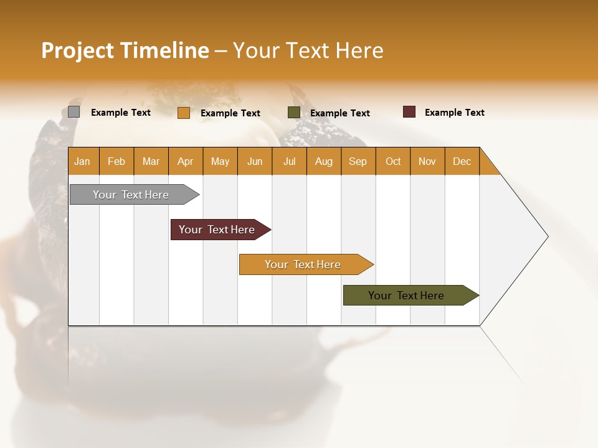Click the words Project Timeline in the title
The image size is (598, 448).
pos(125,50)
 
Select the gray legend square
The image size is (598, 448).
pos(74,112)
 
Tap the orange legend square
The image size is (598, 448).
pos(183,113)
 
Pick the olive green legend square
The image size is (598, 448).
pos(293,113)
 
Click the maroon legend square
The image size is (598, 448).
pos(409,112)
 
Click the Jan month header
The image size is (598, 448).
pos(82,161)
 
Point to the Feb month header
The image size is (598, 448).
pos(116,161)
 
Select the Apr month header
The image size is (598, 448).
pos(185,161)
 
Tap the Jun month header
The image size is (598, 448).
pos(254,161)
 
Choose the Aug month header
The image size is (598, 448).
pos(323,161)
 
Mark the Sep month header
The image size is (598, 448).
pos(358,161)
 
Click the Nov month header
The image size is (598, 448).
pos(427,161)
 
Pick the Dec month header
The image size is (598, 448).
pos(462,161)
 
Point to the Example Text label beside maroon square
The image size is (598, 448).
pos(454,113)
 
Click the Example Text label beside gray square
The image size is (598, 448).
pos(120,113)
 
